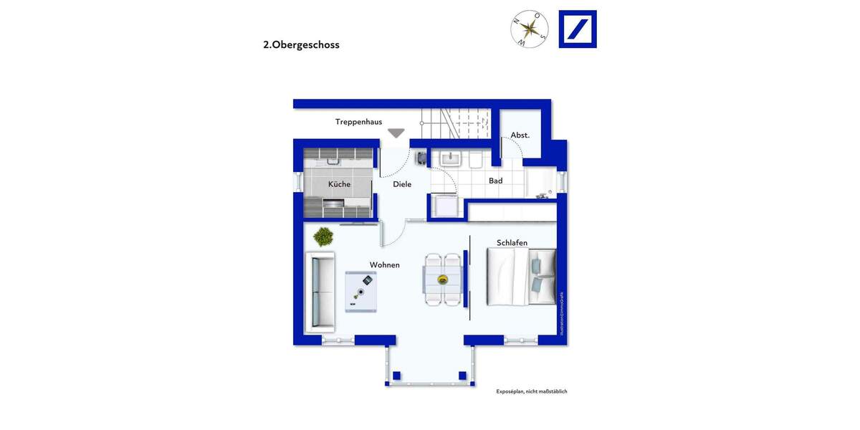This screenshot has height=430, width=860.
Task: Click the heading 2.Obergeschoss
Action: [x=301, y=44]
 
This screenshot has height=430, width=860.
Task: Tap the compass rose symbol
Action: [x=530, y=29]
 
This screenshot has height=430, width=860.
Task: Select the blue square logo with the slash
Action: [x=578, y=29]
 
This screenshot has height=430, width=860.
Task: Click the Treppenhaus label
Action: [x=358, y=122]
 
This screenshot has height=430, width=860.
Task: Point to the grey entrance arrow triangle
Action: [x=396, y=133]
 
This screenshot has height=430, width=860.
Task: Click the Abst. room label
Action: [x=520, y=135]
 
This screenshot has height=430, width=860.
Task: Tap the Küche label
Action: [x=339, y=184]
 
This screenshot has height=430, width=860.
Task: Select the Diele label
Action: [x=402, y=184]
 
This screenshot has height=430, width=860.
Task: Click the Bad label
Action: [x=495, y=181]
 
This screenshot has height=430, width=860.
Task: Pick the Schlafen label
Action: [x=512, y=243]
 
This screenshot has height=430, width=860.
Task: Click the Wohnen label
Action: [x=384, y=265]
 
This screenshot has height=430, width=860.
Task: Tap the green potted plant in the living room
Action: [x=323, y=236]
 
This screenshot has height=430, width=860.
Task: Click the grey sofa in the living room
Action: [x=320, y=292]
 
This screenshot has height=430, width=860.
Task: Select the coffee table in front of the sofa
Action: [x=360, y=292]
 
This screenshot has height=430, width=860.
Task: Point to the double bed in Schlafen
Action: [x=521, y=276]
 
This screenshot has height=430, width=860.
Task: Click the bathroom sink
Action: [x=451, y=158]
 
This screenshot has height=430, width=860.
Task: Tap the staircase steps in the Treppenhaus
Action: [x=454, y=123]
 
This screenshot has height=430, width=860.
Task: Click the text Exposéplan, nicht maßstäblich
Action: [x=531, y=391]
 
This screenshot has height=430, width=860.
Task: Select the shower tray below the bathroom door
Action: [x=445, y=206]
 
